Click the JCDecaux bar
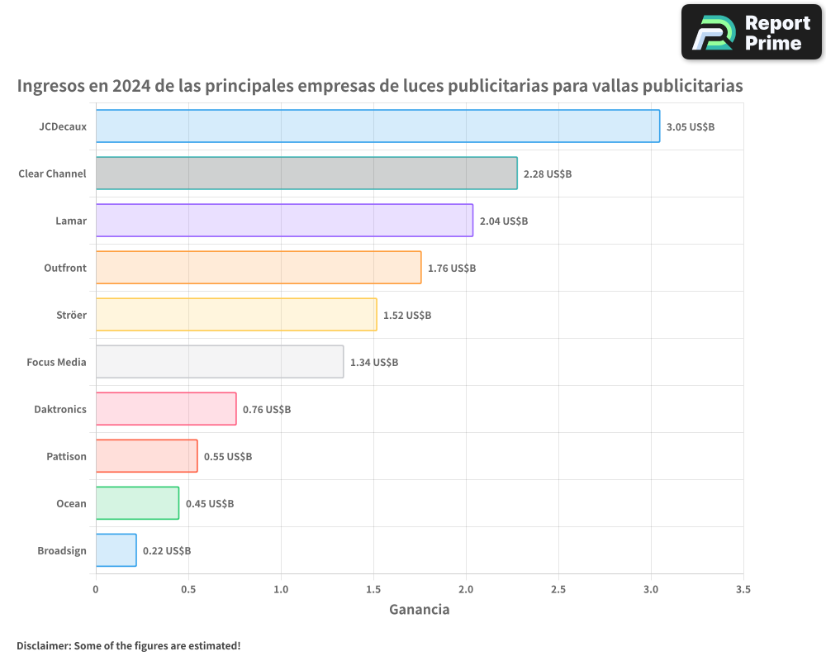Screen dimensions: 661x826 [x=377, y=126]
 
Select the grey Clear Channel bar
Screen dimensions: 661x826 [x=306, y=174]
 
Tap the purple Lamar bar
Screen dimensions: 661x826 [x=284, y=221]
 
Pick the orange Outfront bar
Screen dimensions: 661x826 [x=259, y=268]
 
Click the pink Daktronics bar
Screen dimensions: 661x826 [x=166, y=409]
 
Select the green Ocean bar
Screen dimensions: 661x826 [x=137, y=503]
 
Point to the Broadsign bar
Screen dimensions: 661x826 [x=116, y=550]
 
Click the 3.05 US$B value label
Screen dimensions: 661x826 [x=691, y=127]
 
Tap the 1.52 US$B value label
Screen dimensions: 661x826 [x=407, y=316]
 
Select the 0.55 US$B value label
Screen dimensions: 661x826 [x=228, y=457]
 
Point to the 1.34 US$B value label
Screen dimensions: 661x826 [x=374, y=363]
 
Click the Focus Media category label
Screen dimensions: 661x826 [x=56, y=363]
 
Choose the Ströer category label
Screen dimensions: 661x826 [x=70, y=316]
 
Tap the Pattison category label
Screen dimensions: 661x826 [x=66, y=457]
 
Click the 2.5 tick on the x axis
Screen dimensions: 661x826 [x=558, y=590]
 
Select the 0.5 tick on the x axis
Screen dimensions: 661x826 [x=188, y=590]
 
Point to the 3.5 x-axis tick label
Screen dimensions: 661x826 [x=743, y=590]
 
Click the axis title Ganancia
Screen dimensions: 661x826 [x=419, y=610]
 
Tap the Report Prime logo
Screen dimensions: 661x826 [x=751, y=32]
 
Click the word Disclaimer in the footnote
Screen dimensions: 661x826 [x=43, y=646]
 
